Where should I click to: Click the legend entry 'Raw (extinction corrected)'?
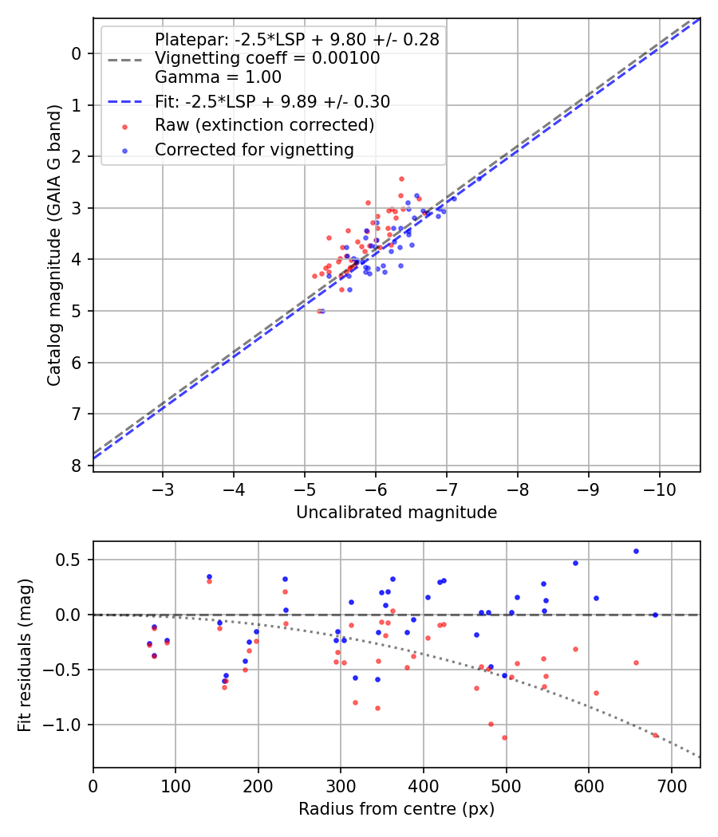pos(264,125)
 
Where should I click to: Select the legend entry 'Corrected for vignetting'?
pos(254,149)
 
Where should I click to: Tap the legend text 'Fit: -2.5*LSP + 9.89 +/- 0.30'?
pos(272,102)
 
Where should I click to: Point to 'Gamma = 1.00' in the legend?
pos(218,77)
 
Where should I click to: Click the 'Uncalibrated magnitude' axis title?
pos(396,513)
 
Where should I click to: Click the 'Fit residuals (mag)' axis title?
pos(25,654)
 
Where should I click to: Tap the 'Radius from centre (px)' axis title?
pos(396,809)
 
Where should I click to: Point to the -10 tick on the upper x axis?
pos(659,487)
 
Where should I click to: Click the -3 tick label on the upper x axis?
pos(163,487)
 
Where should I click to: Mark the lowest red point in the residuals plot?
pos(504,737)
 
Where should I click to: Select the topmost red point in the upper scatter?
pos(401,179)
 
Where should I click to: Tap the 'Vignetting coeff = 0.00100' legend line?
pos(267,58)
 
